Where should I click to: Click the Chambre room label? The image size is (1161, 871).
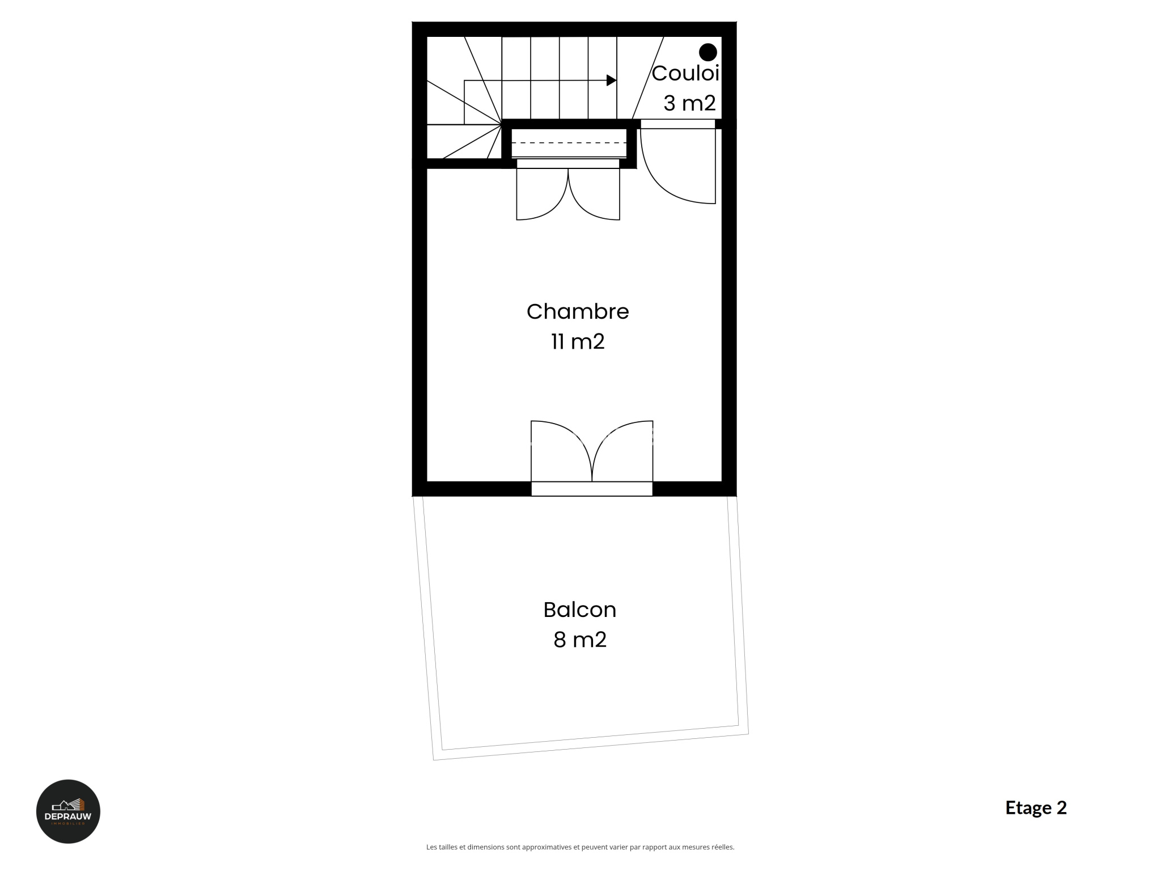coord(578,311)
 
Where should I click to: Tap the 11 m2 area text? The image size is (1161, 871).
coord(578,342)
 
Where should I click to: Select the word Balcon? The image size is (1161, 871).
coord(579,610)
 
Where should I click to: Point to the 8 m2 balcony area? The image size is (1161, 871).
coord(580,640)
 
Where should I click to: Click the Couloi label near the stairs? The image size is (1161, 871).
coord(685,73)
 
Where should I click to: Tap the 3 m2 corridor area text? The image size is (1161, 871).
coord(689,103)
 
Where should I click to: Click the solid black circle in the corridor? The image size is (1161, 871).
coord(708,52)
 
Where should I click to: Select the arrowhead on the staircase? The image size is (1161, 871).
coord(612,81)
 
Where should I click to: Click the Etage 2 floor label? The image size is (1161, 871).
coord(1036,807)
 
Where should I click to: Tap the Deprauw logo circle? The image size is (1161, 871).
coord(68,811)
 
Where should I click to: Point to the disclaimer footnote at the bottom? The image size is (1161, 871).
coord(580,847)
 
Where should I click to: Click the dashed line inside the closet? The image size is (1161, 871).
coord(569,143)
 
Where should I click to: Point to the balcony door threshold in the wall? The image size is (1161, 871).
coord(592,489)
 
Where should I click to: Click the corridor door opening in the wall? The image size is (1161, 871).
coord(678,124)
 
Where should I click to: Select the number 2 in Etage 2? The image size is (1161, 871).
coord(1062,807)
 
